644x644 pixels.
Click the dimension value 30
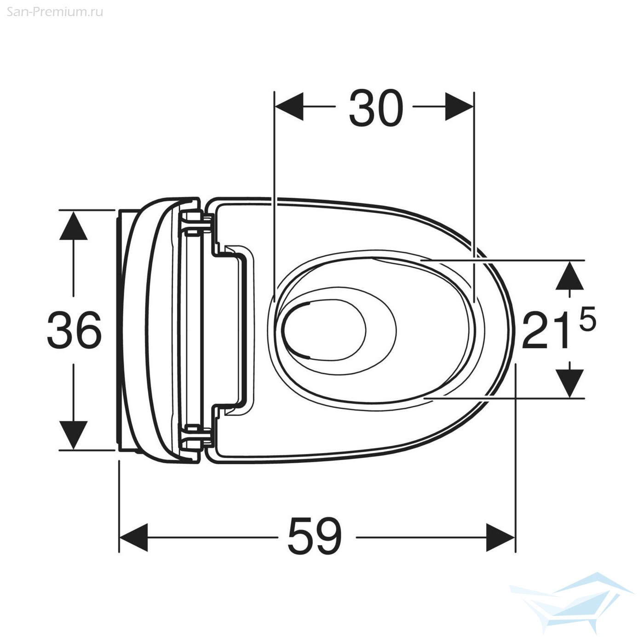click(376, 109)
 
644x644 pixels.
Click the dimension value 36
click(74, 330)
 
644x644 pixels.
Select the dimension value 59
click(315, 536)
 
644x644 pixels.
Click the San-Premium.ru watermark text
click(55, 11)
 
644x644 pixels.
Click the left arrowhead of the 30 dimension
click(289, 106)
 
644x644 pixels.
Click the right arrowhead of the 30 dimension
click(460, 106)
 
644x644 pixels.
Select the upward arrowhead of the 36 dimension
click(74, 225)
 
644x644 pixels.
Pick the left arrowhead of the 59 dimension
click(133, 537)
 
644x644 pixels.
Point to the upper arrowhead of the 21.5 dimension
click(569, 276)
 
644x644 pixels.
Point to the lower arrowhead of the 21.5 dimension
click(569, 383)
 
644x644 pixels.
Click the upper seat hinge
click(195, 224)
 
